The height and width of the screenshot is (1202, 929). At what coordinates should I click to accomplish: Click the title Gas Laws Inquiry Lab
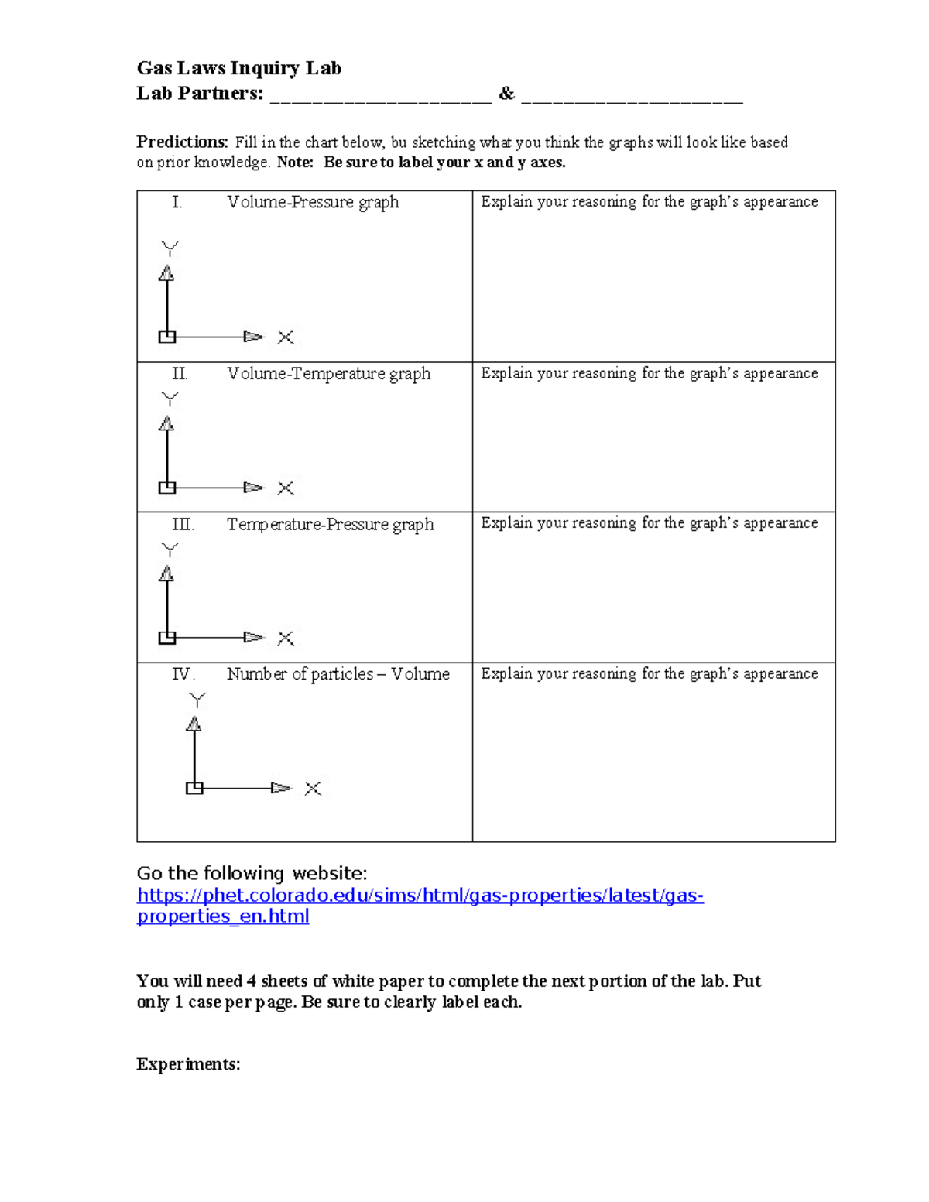(x=238, y=68)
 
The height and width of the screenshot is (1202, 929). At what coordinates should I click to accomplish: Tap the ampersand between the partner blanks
(x=506, y=94)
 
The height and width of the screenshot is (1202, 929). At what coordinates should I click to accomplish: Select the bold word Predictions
(x=182, y=142)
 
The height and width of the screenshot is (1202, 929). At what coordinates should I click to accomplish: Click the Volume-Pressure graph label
(x=313, y=202)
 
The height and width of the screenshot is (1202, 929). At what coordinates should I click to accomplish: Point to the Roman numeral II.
(x=179, y=374)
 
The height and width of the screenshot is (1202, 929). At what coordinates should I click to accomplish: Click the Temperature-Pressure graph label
(x=330, y=525)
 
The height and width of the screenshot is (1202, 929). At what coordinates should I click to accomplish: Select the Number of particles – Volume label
(x=338, y=674)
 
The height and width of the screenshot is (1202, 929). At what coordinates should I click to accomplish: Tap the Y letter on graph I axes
(x=170, y=249)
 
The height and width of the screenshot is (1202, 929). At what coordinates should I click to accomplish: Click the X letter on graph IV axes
(x=313, y=789)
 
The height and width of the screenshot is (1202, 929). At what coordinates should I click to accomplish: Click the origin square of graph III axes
(x=166, y=638)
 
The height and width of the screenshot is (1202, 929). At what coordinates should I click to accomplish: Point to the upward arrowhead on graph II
(x=166, y=424)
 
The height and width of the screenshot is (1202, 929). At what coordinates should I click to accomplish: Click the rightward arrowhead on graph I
(x=253, y=337)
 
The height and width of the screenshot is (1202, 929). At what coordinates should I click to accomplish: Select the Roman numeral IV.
(x=183, y=674)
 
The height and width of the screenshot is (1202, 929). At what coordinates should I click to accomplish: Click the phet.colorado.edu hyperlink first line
(x=420, y=896)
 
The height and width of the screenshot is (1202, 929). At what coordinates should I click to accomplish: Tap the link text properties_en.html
(x=223, y=916)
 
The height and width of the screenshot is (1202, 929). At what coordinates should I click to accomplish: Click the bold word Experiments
(x=188, y=1064)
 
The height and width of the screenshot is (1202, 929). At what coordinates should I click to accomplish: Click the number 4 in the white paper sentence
(x=251, y=981)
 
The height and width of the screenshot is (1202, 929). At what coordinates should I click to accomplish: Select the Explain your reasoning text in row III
(x=649, y=523)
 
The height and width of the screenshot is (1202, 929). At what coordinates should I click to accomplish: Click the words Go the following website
(x=252, y=874)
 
